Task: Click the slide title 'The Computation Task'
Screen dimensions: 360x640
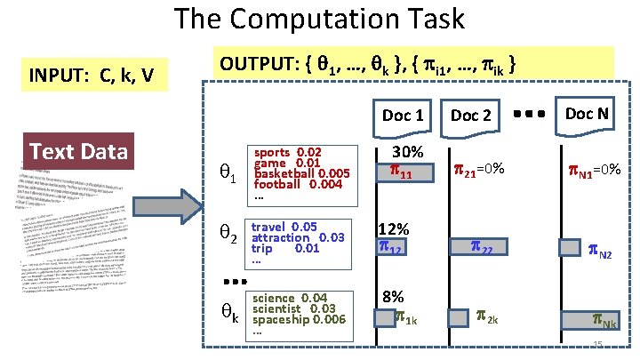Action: [x=319, y=19]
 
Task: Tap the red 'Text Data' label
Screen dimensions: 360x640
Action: [x=79, y=151]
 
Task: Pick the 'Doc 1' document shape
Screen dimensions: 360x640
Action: [x=402, y=115]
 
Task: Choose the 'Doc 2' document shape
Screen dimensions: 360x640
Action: [x=470, y=115]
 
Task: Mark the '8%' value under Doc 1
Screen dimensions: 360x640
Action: [x=391, y=296]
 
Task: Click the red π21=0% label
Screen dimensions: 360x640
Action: [x=479, y=169]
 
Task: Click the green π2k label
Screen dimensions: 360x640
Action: [x=487, y=316]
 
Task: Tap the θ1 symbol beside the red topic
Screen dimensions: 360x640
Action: [x=227, y=176]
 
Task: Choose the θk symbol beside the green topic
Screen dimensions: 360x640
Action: [x=228, y=314]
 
